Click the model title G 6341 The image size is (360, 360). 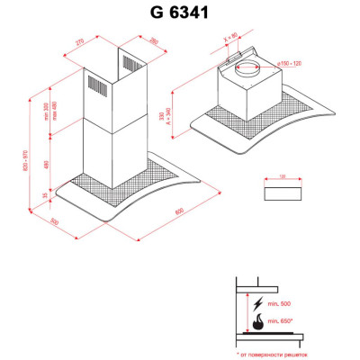pyautogui.click(x=179, y=13)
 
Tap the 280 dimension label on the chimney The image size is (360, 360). pyautogui.click(x=152, y=41)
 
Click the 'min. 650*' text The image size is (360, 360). pyautogui.click(x=284, y=321)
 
